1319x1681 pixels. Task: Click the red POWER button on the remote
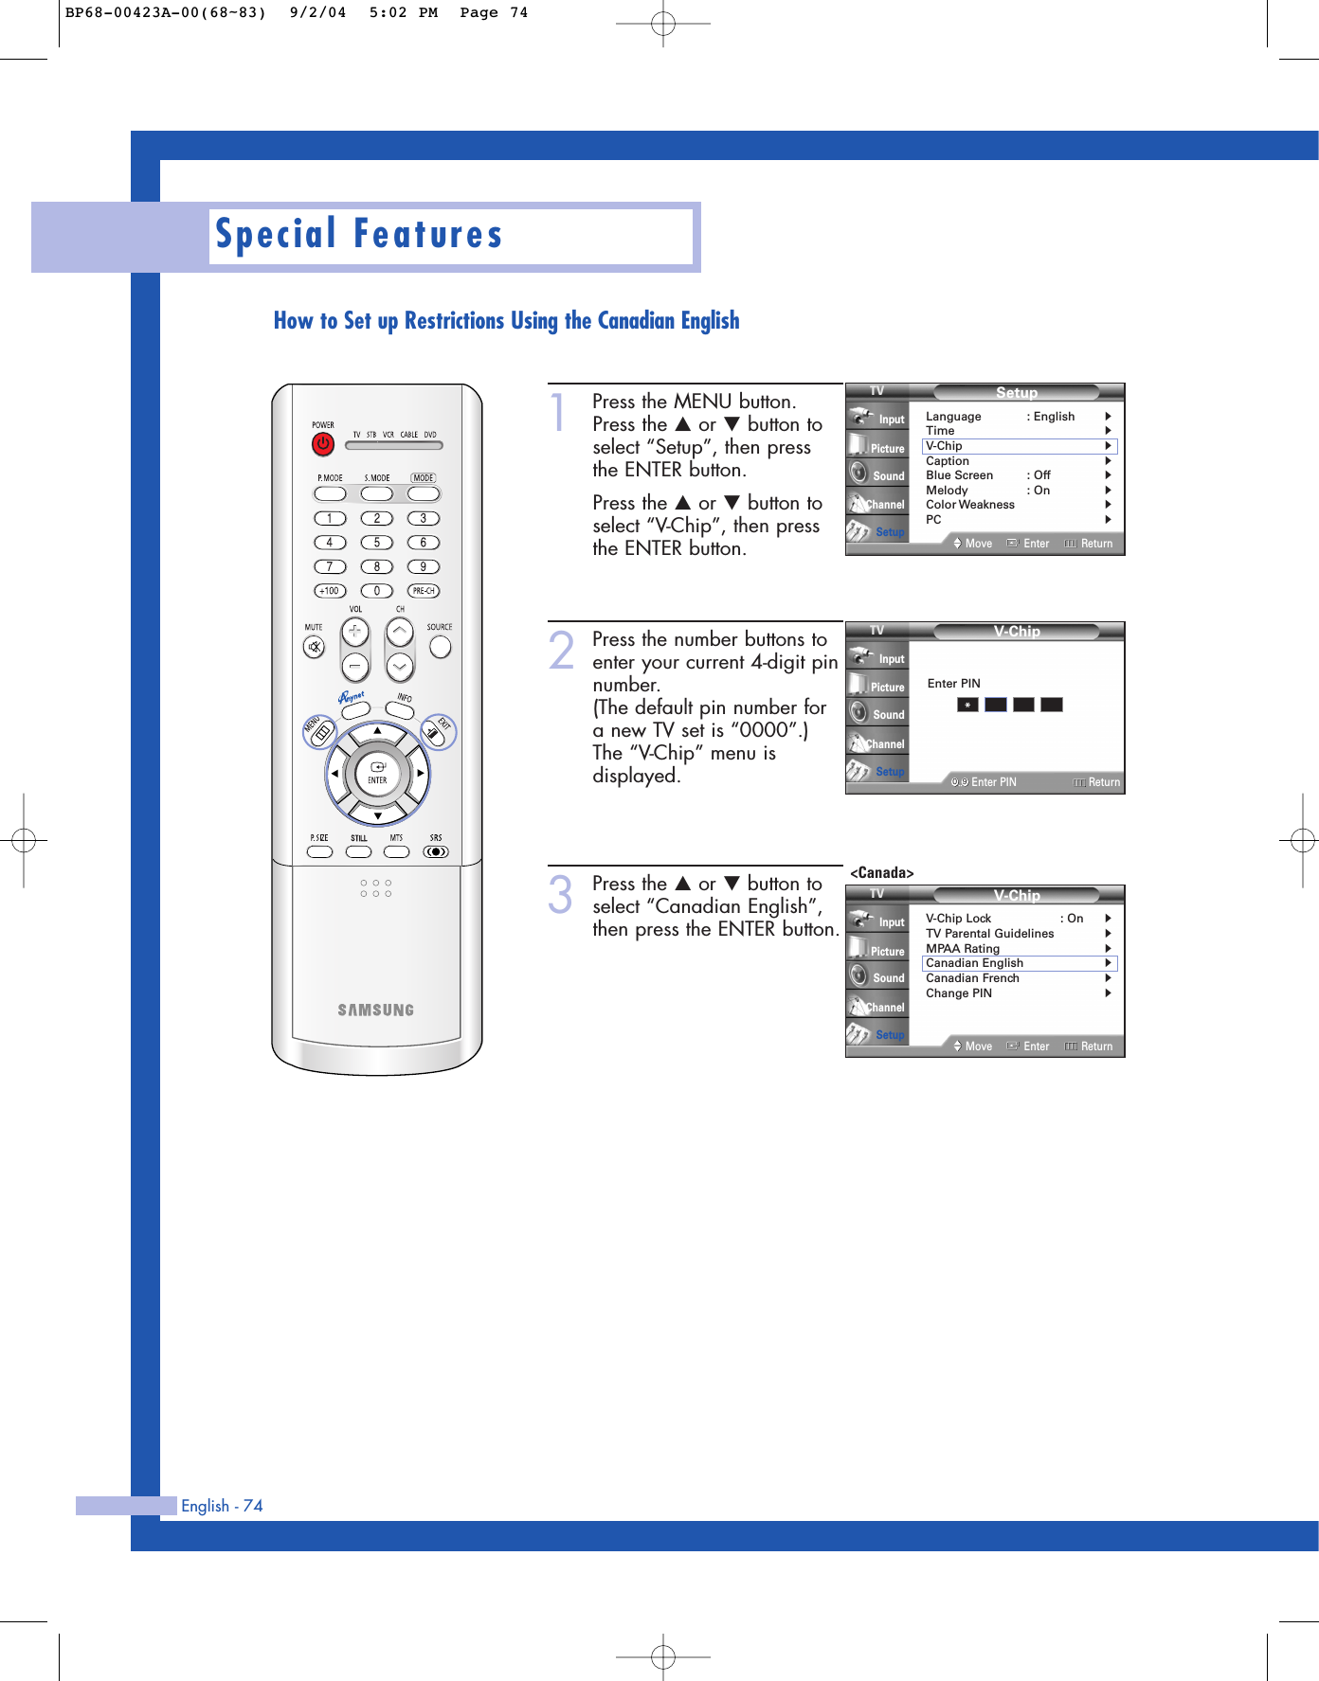point(323,443)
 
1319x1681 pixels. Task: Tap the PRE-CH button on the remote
point(423,591)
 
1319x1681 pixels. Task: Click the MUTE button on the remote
point(314,647)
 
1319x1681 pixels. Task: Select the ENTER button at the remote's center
point(377,774)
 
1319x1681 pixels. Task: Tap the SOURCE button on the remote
point(440,647)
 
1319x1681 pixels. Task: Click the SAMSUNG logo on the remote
point(376,1010)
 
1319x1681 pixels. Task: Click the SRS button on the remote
point(436,851)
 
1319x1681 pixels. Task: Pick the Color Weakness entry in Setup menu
point(970,505)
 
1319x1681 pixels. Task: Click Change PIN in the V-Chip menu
point(959,993)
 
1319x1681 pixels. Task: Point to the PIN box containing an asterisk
point(967,705)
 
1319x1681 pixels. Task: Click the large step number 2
point(561,652)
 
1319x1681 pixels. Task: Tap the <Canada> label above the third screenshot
point(881,873)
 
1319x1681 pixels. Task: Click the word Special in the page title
point(276,235)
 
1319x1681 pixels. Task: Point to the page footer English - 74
point(222,1506)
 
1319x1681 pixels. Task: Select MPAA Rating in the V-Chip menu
point(963,949)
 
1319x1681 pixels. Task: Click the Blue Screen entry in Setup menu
point(959,475)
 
